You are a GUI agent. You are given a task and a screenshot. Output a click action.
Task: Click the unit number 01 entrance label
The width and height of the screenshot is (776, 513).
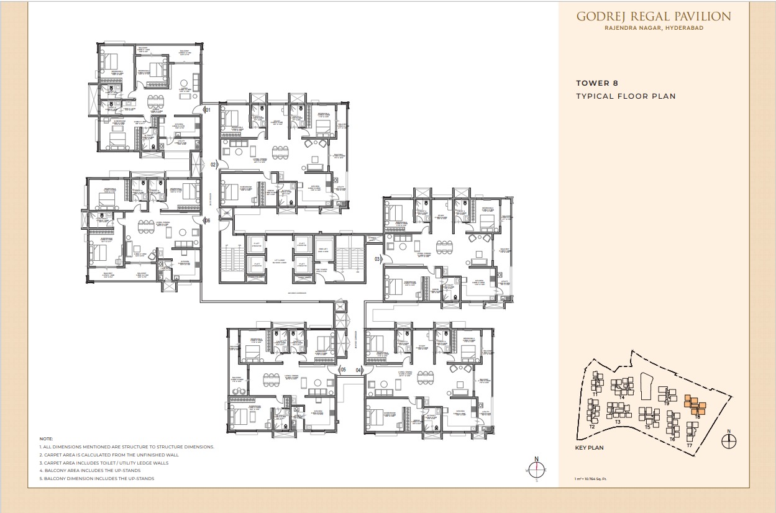click(x=208, y=110)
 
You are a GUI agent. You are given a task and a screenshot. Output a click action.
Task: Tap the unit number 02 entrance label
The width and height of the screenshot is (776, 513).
click(x=213, y=165)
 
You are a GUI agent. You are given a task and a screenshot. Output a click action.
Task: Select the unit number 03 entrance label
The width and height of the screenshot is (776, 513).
click(x=377, y=258)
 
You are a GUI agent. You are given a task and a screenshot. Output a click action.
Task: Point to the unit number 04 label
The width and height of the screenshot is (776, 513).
click(x=358, y=370)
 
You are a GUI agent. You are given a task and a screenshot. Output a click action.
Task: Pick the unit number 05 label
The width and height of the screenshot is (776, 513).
click(x=342, y=370)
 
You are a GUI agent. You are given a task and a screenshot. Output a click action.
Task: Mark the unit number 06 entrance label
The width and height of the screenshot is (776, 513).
click(x=208, y=220)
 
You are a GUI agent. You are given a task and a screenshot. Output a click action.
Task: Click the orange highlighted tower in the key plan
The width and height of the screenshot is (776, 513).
click(x=695, y=406)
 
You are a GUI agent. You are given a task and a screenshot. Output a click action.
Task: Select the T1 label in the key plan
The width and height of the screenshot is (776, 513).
click(x=595, y=394)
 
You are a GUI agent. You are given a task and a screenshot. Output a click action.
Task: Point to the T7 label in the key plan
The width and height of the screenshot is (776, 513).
click(x=689, y=445)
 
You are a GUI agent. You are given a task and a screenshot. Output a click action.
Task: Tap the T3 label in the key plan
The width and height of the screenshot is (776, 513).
click(x=618, y=422)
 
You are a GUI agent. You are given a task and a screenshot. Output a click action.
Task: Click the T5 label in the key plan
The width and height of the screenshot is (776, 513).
click(x=647, y=427)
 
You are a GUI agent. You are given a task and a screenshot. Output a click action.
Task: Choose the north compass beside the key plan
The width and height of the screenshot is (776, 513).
click(x=729, y=440)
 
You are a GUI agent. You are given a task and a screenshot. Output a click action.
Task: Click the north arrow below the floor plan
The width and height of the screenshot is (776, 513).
click(x=537, y=468)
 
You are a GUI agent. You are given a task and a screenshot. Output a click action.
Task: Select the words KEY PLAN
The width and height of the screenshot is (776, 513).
click(x=589, y=447)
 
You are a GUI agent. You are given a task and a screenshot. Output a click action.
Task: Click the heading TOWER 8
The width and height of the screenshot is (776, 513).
click(x=596, y=83)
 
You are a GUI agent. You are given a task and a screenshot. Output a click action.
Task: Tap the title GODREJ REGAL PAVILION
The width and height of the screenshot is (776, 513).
click(x=653, y=17)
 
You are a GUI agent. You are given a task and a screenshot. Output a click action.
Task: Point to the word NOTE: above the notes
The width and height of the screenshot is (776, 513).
click(x=47, y=438)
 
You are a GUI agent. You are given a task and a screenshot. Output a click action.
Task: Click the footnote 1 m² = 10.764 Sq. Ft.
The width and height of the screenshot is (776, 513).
click(x=598, y=479)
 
